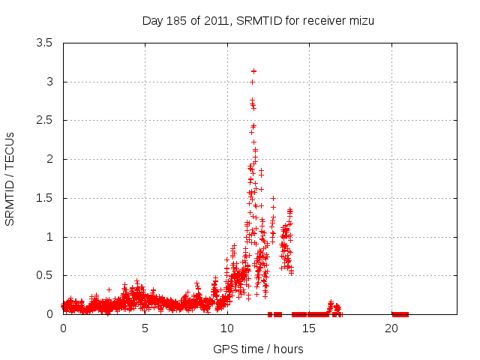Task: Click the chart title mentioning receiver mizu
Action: (x=258, y=20)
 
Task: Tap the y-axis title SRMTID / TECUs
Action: (x=10, y=178)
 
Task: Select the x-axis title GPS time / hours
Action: (x=258, y=349)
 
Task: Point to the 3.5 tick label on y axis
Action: (x=44, y=43)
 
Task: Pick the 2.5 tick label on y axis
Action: (x=44, y=120)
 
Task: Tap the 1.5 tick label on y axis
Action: (x=44, y=198)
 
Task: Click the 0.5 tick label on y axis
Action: (x=44, y=275)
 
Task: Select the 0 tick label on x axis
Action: (x=63, y=328)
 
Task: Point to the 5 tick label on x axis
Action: (x=145, y=328)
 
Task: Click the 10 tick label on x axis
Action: (x=227, y=328)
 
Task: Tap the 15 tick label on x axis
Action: (x=309, y=328)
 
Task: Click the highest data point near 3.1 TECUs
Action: (x=253, y=71)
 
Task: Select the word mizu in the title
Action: (x=360, y=20)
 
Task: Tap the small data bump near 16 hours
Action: (x=331, y=304)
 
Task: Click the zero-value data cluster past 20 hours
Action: (x=400, y=314)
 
